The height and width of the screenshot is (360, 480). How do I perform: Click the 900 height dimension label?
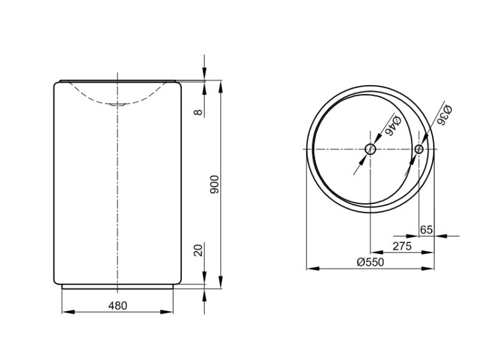coord(215,184)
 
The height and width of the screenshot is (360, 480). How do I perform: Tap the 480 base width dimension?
coord(118,305)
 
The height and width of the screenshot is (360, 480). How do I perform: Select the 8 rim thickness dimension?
coord(198,113)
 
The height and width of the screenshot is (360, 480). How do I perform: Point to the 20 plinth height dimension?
coord(198,250)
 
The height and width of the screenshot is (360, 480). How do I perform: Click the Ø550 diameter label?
coord(370,262)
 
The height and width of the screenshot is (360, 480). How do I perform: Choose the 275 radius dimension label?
coord(402,246)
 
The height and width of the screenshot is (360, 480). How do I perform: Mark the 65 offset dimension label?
coord(426,230)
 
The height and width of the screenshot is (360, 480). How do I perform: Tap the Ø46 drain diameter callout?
coord(393,125)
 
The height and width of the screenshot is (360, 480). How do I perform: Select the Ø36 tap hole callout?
coord(444,115)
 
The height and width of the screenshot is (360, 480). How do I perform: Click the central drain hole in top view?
coord(371,149)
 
